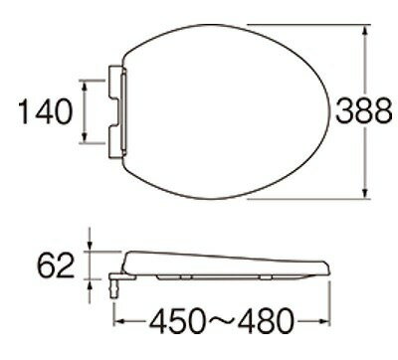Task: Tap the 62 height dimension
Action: tap(57, 268)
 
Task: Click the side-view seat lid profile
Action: tap(229, 263)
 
